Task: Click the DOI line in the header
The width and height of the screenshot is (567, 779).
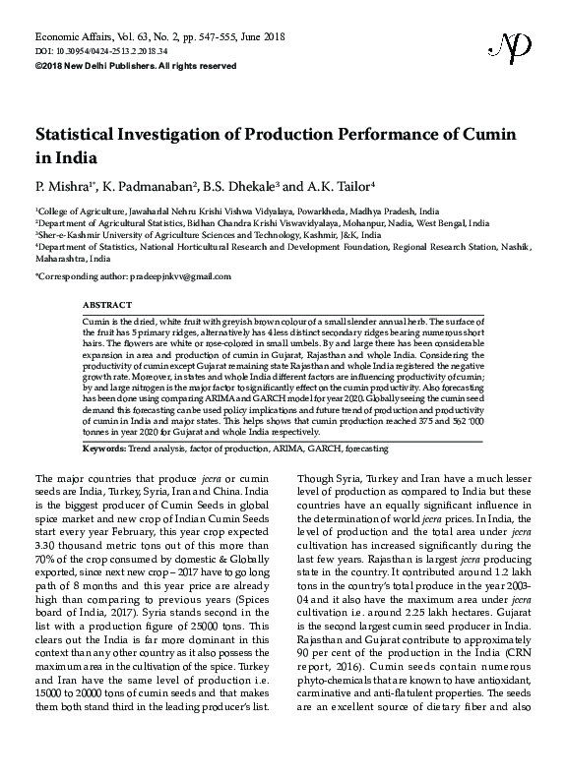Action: pos(87,50)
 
